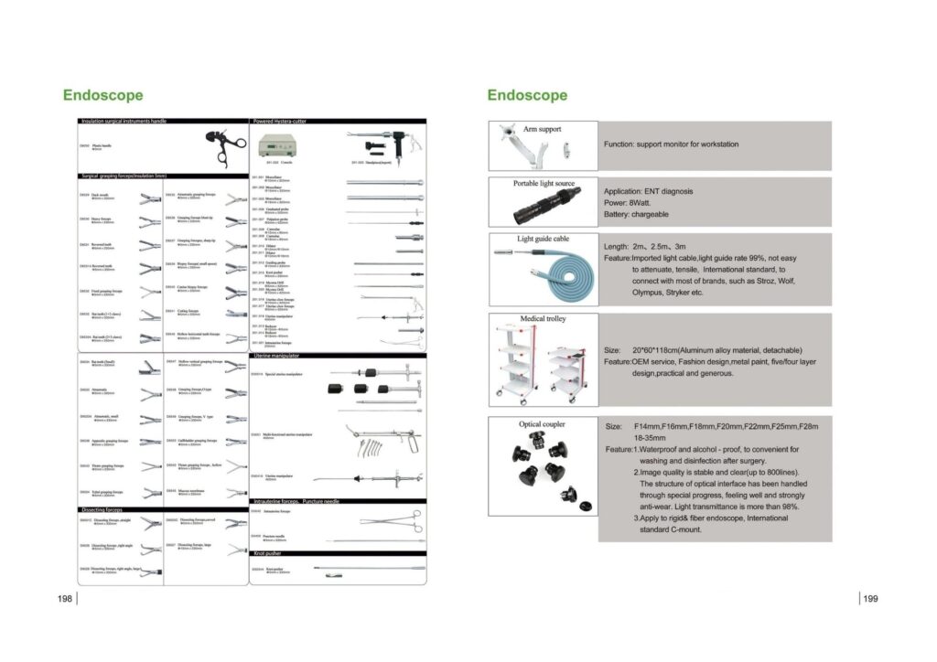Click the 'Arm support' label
[x=543, y=129]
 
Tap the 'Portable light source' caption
[x=544, y=184]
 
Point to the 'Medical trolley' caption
[x=544, y=319]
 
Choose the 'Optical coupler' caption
[x=543, y=424]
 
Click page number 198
[x=64, y=599]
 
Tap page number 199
[x=870, y=599]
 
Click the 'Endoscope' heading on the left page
[x=102, y=95]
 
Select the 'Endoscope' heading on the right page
[x=527, y=95]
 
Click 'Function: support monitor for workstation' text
[x=671, y=144]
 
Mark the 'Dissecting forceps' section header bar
[x=102, y=509]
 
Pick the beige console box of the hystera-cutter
[x=280, y=146]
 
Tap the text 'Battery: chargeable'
[x=636, y=214]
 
